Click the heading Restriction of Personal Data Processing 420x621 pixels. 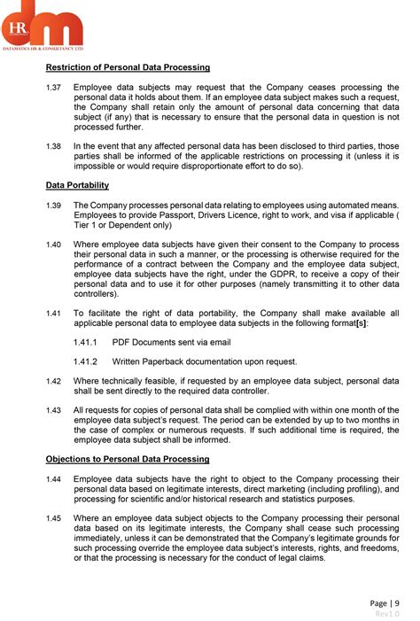128,67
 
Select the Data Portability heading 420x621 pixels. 77,185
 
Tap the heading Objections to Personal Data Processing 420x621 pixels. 128,459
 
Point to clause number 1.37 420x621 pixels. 53,87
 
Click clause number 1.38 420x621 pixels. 53,146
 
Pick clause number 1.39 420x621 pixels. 53,205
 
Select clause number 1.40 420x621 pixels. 53,244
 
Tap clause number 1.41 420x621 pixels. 53,313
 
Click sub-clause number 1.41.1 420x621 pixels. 85,342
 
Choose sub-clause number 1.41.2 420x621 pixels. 85,361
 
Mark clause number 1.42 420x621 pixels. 53,381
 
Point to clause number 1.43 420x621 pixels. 53,410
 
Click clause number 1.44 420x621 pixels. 53,478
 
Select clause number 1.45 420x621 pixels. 53,517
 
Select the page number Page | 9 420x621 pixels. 385,603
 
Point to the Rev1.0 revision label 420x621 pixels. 387,614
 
